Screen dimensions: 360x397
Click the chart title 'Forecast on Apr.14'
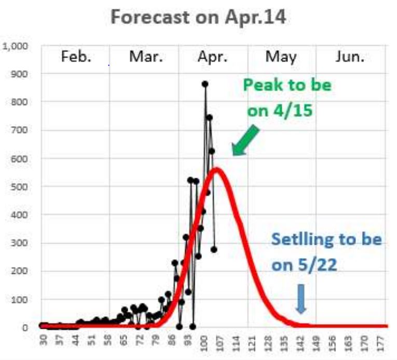coord(199,18)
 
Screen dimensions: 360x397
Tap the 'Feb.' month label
coord(76,57)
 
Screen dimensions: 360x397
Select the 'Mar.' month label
coord(144,57)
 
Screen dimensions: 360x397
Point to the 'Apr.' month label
coord(212,57)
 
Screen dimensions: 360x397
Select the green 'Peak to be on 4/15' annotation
coord(286,98)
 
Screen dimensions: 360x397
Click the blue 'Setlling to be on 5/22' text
coord(326,252)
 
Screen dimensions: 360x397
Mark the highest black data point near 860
coord(205,84)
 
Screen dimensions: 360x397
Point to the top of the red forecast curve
coord(216,169)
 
